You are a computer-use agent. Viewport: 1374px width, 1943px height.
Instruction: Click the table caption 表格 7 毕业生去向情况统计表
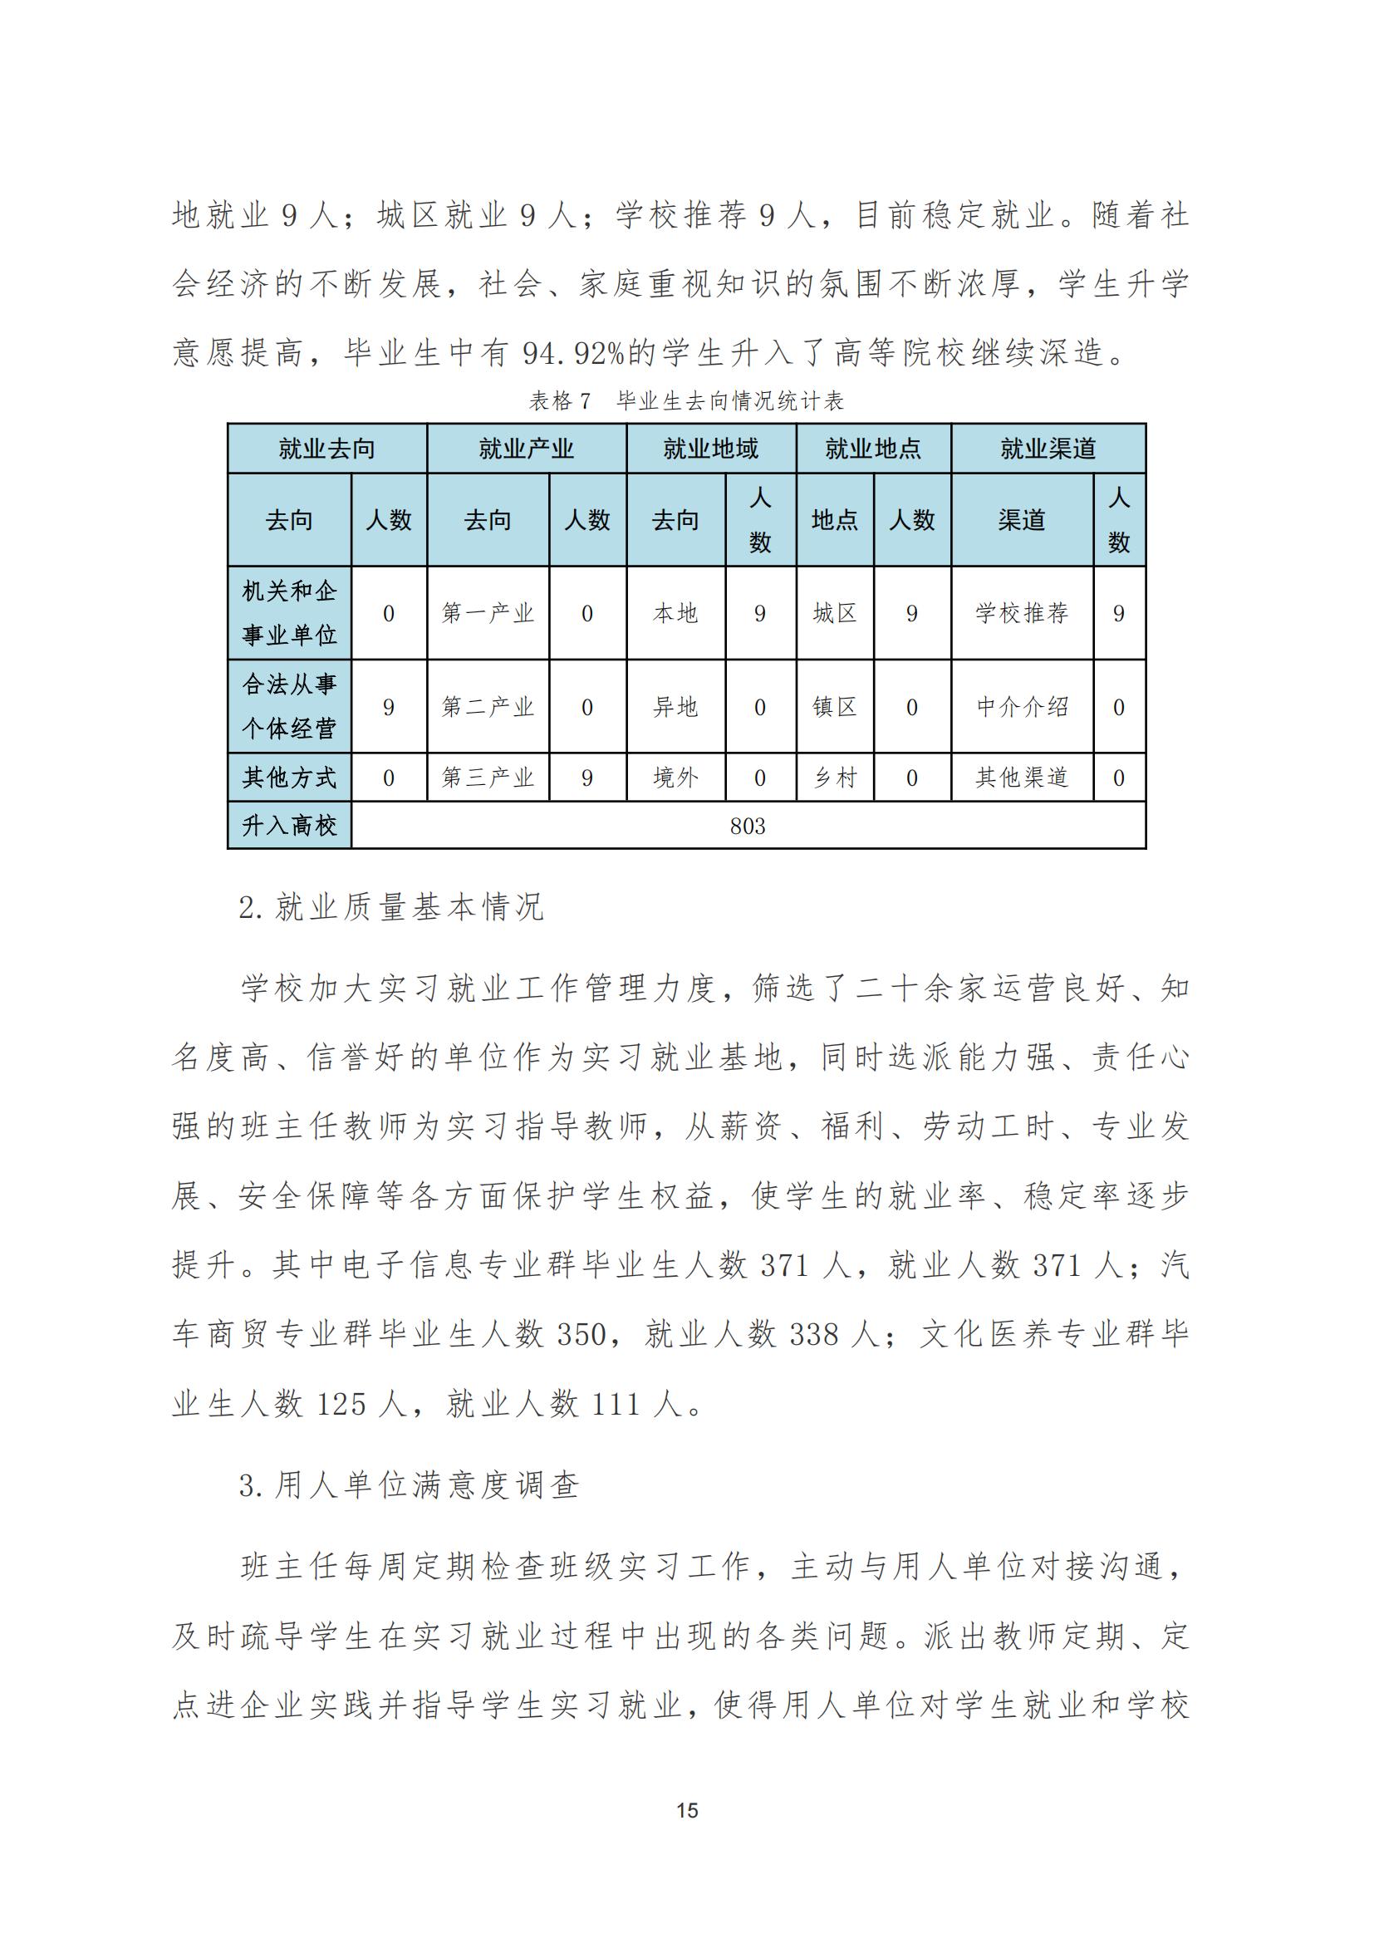[x=686, y=400]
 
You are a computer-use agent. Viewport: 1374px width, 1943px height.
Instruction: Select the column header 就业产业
[x=526, y=449]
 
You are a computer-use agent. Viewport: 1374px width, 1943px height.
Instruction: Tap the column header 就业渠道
[x=1048, y=449]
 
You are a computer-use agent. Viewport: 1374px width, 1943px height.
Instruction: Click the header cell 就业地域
[x=711, y=449]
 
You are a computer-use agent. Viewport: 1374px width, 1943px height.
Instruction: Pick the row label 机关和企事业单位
[x=289, y=613]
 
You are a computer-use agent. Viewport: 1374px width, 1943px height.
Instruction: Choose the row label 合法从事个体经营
[x=289, y=707]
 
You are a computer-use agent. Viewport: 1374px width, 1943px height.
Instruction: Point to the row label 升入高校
[x=289, y=825]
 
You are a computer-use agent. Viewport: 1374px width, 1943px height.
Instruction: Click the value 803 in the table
[x=748, y=826]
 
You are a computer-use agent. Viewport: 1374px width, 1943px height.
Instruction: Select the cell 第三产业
[x=488, y=778]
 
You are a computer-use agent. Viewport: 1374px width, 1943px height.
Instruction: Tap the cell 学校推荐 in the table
[x=1021, y=613]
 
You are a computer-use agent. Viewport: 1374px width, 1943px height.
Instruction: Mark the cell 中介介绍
[x=1021, y=707]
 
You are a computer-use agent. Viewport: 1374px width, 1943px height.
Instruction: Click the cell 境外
[x=675, y=778]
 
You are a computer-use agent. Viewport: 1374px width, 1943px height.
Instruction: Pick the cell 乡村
[x=834, y=778]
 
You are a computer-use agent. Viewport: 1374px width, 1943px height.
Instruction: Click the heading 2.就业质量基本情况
[x=391, y=908]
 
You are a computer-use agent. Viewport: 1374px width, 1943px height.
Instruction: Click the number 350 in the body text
[x=581, y=1335]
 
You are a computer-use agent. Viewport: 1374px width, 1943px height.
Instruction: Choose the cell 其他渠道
[x=1021, y=778]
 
